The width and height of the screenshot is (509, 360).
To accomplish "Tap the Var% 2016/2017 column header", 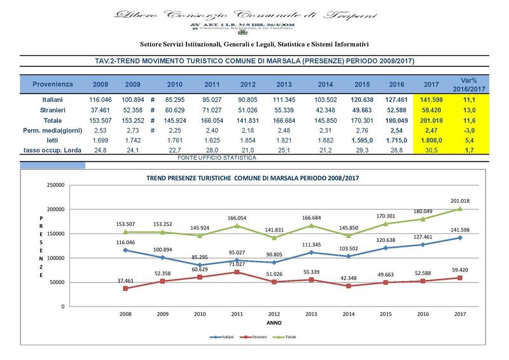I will [x=470, y=84].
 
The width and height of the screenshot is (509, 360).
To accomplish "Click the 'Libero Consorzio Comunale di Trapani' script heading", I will [x=254, y=14].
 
